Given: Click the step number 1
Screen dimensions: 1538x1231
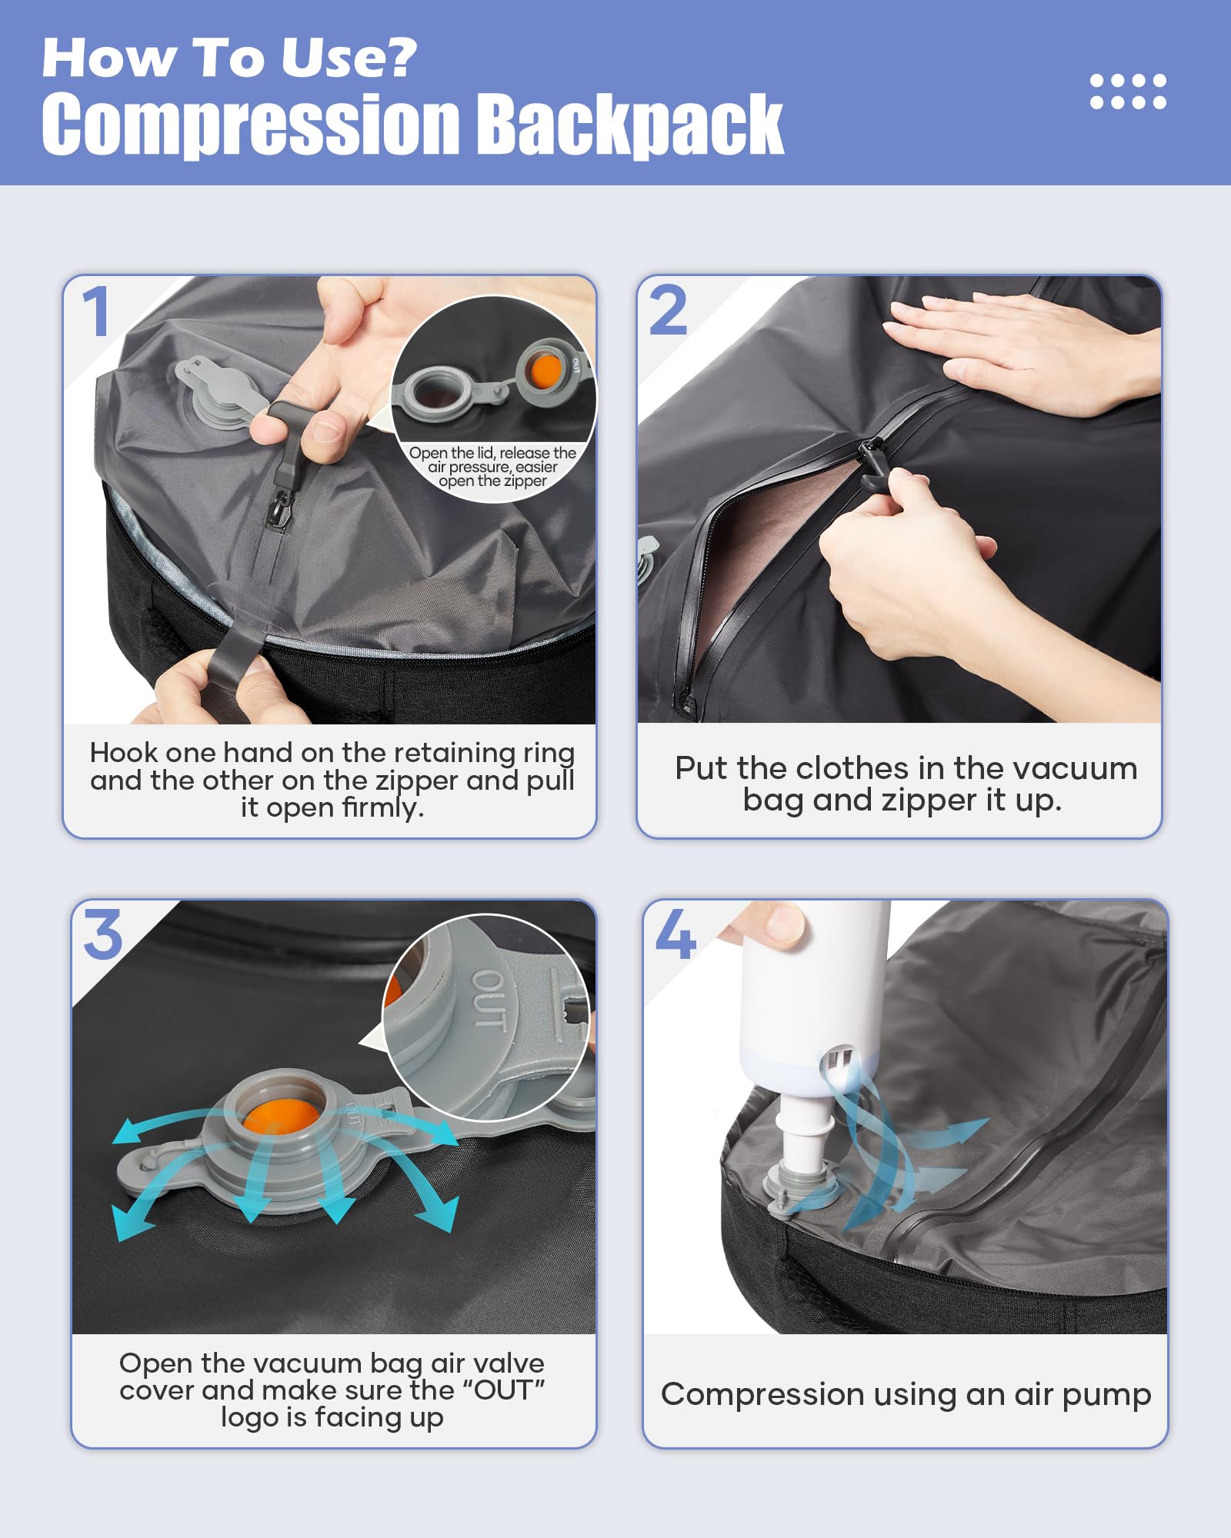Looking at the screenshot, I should pos(96,311).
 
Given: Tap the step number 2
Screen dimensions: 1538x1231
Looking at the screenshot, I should pos(668,311).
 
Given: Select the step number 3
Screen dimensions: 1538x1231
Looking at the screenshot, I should pos(103,935).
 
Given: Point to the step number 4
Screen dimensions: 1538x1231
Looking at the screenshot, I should pos(676,935).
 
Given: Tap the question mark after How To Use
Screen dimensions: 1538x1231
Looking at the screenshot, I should pos(400,58).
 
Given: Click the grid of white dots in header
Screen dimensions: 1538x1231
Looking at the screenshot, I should pos(1128,92).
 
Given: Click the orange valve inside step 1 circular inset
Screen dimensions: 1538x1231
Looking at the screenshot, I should pos(545,371).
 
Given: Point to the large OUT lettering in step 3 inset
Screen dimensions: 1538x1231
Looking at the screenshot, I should pos(489,1000).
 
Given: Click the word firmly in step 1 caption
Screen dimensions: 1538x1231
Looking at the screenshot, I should pos(382,808).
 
